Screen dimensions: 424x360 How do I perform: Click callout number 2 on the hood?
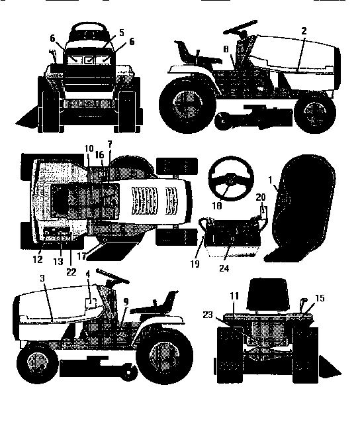[304, 30]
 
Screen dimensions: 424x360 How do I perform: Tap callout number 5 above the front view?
[121, 31]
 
